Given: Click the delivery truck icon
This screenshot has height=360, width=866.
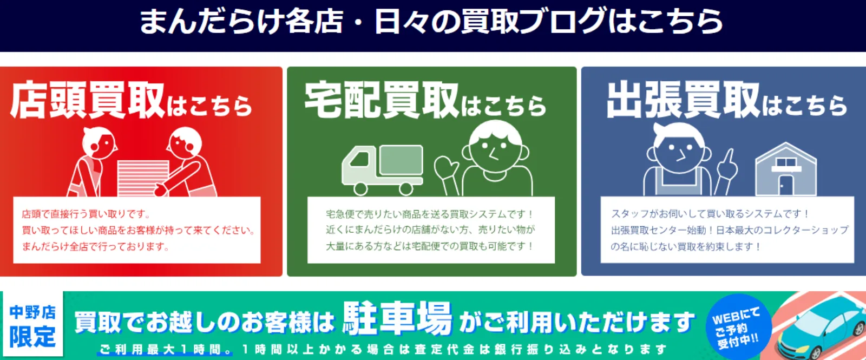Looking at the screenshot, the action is tap(382, 170).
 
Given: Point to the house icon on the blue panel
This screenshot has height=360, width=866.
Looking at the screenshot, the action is tap(786, 169).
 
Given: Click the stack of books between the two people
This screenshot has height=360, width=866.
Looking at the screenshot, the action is tap(143, 179).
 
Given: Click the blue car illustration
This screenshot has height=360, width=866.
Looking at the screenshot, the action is tap(822, 329).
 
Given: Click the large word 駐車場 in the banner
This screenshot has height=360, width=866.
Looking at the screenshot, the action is tap(397, 319).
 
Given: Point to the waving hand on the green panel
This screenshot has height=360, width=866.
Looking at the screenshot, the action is tap(446, 167).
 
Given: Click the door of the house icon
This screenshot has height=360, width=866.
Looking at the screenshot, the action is tap(786, 186).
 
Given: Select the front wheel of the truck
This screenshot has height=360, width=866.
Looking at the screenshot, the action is tap(360, 189).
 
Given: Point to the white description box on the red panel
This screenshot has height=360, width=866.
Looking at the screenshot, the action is tap(137, 230).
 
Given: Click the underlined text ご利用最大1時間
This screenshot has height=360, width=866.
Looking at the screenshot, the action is tap(165, 350).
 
